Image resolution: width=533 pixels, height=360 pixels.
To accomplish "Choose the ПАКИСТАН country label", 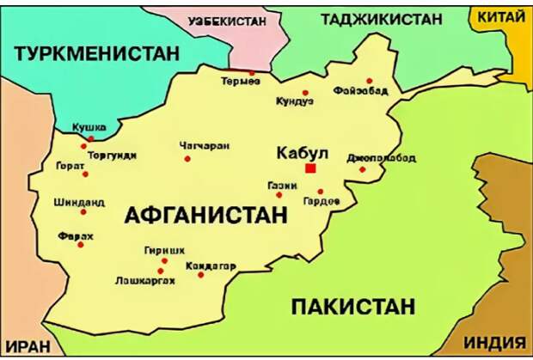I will [x=352, y=306].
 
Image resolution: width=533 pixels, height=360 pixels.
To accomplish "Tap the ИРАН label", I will [x=26, y=348].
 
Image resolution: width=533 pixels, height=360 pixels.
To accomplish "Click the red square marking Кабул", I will [x=310, y=168].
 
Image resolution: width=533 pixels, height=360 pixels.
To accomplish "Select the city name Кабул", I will [x=303, y=153].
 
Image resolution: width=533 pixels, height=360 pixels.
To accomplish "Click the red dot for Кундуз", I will [x=305, y=93].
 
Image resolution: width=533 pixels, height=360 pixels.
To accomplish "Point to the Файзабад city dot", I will [x=369, y=82].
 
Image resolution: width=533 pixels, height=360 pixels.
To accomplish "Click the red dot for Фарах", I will [x=81, y=245].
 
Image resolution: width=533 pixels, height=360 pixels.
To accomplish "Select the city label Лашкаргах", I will [x=145, y=281].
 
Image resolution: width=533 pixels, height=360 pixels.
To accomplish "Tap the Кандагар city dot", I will [x=200, y=275].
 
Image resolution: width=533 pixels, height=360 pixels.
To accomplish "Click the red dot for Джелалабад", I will [x=362, y=169].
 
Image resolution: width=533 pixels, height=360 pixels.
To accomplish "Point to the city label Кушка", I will [x=89, y=127].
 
